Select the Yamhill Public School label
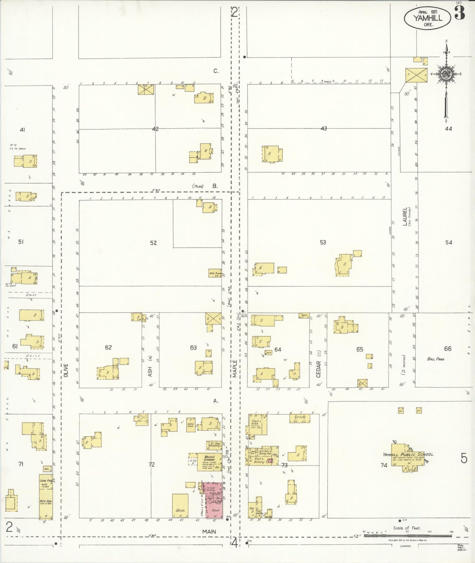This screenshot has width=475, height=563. click(408, 455)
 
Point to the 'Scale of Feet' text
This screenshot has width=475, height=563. click(407, 528)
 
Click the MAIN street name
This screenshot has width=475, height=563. click(209, 531)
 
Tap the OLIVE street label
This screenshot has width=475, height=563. click(66, 370)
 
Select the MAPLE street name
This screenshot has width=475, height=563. click(235, 369)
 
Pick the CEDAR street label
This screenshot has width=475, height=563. click(318, 369)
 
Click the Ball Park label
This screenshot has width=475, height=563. click(436, 359)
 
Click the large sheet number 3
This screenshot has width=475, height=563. click(460, 13)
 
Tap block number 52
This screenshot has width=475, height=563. click(153, 243)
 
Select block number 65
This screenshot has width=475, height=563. click(360, 349)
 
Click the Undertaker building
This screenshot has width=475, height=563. click(191, 424)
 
